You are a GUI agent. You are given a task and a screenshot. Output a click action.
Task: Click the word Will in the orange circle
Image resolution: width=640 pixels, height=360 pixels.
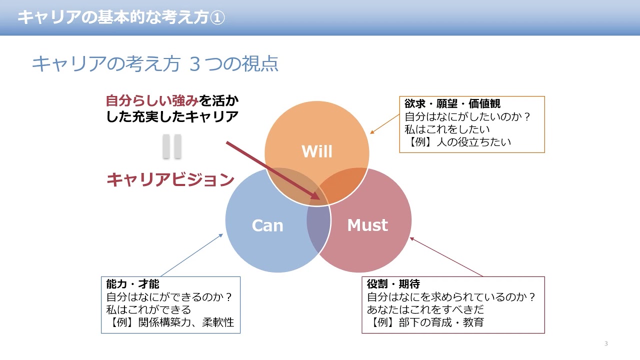[317, 151]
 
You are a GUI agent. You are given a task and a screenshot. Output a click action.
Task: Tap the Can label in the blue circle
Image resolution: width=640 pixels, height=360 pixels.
[267, 225]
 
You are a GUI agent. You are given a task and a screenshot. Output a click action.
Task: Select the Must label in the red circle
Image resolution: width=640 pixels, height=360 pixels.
[367, 225]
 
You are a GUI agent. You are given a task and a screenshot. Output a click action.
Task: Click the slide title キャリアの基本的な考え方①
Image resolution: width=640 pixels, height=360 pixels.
[121, 17]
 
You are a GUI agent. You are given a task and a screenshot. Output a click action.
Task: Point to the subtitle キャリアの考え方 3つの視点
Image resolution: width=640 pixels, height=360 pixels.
[155, 64]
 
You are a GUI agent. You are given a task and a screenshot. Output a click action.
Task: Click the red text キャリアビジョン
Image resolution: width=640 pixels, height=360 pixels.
[170, 179]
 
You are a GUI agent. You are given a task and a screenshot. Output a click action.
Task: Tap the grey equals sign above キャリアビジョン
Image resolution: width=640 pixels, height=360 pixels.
[171, 147]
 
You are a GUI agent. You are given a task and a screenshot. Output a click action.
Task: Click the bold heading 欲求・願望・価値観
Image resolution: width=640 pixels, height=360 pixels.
[452, 104]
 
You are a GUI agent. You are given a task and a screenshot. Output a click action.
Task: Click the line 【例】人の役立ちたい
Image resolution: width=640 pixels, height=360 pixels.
[457, 142]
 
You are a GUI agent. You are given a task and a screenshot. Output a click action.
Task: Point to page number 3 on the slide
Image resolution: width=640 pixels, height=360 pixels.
[606, 343]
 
